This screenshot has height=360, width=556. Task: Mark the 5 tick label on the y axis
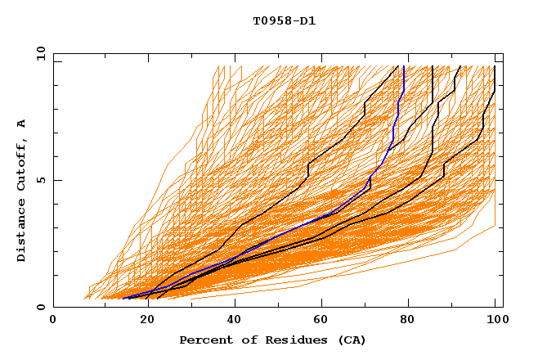[x=40, y=180]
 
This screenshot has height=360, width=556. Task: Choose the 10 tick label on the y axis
[x=38, y=53]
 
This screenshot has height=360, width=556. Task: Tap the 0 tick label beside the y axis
[x=40, y=307]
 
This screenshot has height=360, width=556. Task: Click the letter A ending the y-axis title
[x=21, y=123]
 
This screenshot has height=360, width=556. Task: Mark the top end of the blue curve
[x=404, y=66]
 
